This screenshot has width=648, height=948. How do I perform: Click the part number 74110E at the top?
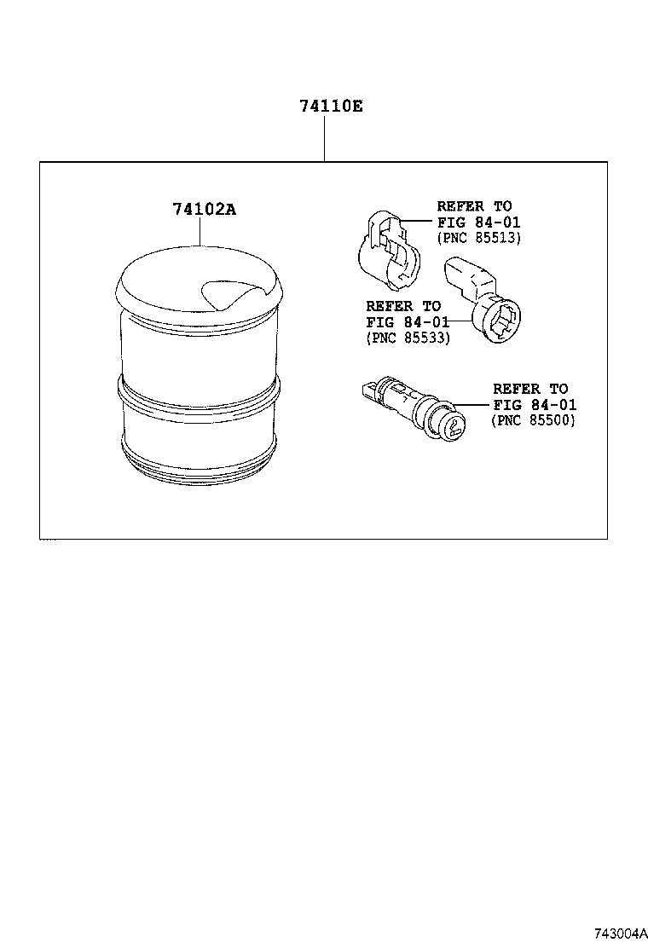pyautogui.click(x=330, y=107)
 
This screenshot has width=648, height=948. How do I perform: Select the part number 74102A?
pyautogui.click(x=203, y=210)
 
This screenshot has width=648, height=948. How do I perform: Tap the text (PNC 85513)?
pyautogui.click(x=478, y=238)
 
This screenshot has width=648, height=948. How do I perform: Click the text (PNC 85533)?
pyautogui.click(x=408, y=338)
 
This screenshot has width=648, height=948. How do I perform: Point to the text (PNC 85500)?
pyautogui.click(x=534, y=420)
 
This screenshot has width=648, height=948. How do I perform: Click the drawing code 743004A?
pyautogui.click(x=616, y=933)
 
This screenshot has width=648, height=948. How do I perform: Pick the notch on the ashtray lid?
pyautogui.click(x=224, y=294)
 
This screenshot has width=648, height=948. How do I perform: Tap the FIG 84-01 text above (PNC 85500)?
pyautogui.click(x=534, y=404)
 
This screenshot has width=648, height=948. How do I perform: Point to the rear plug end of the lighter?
pyautogui.click(x=368, y=391)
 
